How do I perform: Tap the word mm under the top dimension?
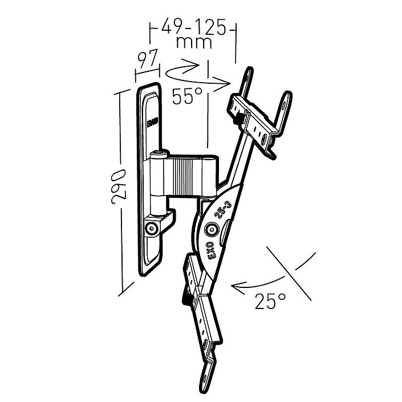coord(194,42)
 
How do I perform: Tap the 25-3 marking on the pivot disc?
coord(223,212)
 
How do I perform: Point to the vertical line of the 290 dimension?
coord(120,194)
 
